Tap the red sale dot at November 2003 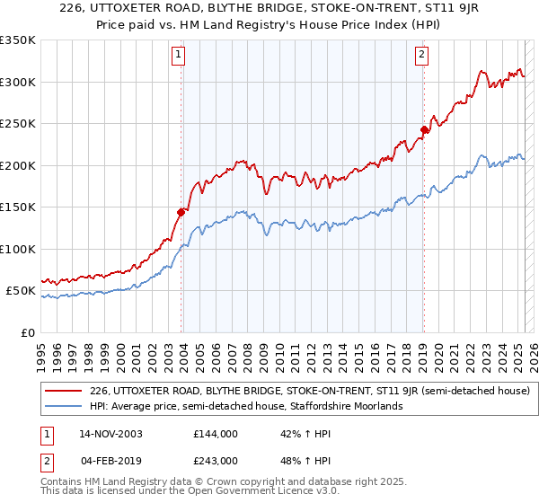181,212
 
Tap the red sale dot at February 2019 424,129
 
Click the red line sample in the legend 65,391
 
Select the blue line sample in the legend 65,406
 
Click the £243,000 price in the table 216,461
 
